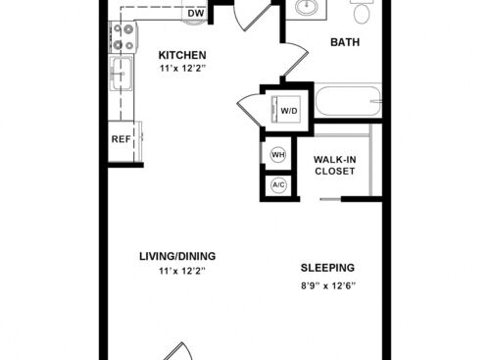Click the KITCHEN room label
tap(182, 55)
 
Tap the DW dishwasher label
tap(196, 14)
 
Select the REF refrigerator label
tap(122, 139)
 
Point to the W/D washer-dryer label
tap(289, 111)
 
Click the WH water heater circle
tap(278, 155)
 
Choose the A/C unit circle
tap(278, 185)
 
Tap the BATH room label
tap(345, 42)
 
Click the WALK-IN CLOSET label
tap(335, 166)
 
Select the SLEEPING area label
tap(327, 268)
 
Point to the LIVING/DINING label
tap(177, 256)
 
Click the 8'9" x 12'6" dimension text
tap(328, 286)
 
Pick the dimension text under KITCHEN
tap(183, 69)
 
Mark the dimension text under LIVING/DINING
tap(182, 271)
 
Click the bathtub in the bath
tap(348, 100)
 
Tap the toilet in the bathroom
tap(362, 11)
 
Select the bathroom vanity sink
tap(307, 7)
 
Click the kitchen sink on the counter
tap(122, 73)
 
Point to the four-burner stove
tap(123, 36)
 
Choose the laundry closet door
tap(250, 108)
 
